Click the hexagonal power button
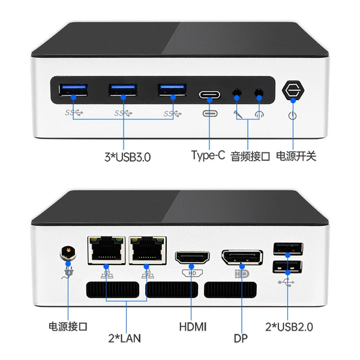point(293,90)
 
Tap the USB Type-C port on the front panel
point(209,95)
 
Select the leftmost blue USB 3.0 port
point(73,90)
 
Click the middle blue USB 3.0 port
point(123,90)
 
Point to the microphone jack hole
point(237,93)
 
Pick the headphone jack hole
point(259,93)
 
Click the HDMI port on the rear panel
point(193,257)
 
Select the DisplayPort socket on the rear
point(242,257)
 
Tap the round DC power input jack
point(68,253)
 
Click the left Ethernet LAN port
point(106,250)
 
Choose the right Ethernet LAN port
point(148,250)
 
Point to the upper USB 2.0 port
point(288,248)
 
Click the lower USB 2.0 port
point(287,267)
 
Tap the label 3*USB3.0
point(127,157)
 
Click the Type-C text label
point(208,155)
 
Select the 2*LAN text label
point(124,338)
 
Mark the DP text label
point(241,338)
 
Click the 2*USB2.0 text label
point(289,327)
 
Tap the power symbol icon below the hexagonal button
point(293,115)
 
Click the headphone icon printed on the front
point(259,115)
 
